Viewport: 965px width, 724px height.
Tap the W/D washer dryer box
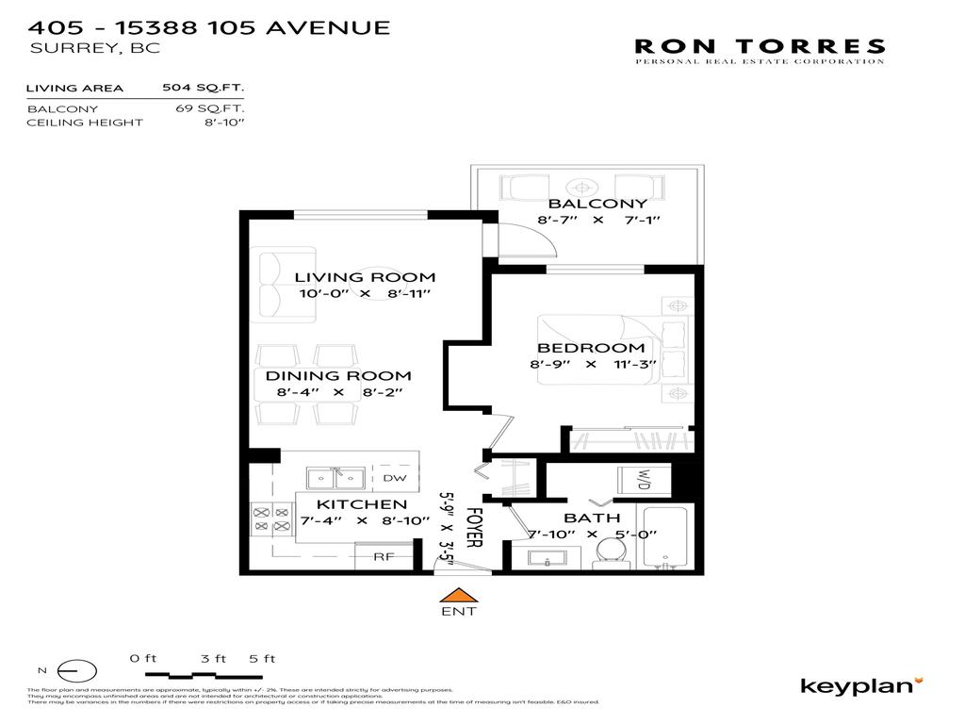coord(645,481)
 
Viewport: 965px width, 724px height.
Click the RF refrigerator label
coord(384,556)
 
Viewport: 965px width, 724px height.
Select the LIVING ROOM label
coord(365,277)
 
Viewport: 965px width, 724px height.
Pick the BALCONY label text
coord(597,204)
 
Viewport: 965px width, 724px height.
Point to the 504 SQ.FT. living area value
coord(203,89)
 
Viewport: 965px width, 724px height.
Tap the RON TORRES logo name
coord(759,46)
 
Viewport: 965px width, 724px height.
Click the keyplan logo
coord(861,685)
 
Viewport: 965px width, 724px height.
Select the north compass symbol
coord(76,671)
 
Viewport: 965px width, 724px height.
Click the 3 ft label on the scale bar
coord(212,658)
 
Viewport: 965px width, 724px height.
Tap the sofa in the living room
coord(283,283)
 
